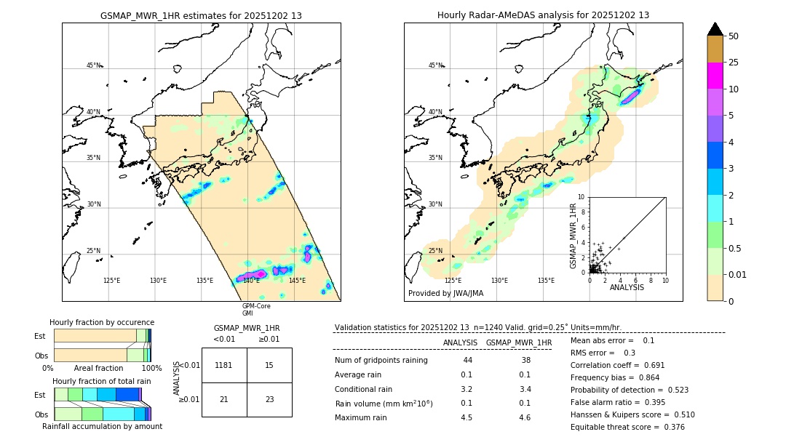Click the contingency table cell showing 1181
224,365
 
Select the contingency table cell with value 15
269,365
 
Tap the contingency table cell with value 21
224,399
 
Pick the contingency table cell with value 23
269,399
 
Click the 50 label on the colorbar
734,36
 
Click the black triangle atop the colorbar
715,29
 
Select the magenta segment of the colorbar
715,76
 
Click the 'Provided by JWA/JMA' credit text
445,293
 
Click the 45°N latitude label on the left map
94,65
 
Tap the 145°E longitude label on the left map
297,281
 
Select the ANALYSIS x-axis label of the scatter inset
627,287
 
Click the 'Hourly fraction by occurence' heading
102,322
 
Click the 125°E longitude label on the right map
453,281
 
